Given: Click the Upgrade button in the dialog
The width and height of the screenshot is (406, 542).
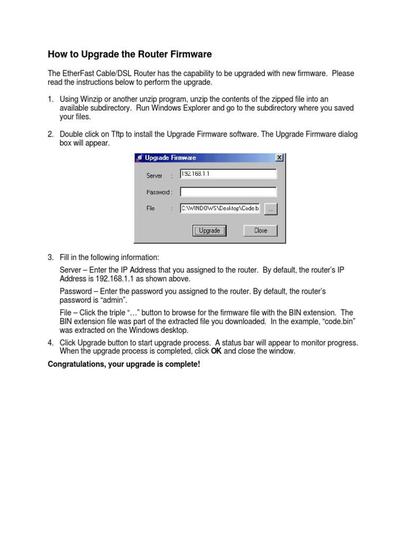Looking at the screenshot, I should (209, 230).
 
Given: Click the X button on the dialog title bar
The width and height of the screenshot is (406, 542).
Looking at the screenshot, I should (280, 158).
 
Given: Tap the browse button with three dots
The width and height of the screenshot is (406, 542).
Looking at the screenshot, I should (270, 209).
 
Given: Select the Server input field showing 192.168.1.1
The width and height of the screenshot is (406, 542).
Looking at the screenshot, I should (228, 174).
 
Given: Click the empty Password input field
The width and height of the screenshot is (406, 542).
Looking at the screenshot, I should (228, 192).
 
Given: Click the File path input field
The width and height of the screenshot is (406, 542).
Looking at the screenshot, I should (220, 209).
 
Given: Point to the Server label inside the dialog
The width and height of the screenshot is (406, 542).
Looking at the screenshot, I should (154, 175).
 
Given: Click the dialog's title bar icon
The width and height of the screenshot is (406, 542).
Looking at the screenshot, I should (139, 158).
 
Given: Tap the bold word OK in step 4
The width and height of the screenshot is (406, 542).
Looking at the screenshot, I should (216, 351).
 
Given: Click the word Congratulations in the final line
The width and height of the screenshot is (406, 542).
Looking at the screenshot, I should (75, 364).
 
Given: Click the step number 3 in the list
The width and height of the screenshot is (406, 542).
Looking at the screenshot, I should (51, 258).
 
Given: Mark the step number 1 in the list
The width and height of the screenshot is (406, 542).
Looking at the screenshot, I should (51, 99).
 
